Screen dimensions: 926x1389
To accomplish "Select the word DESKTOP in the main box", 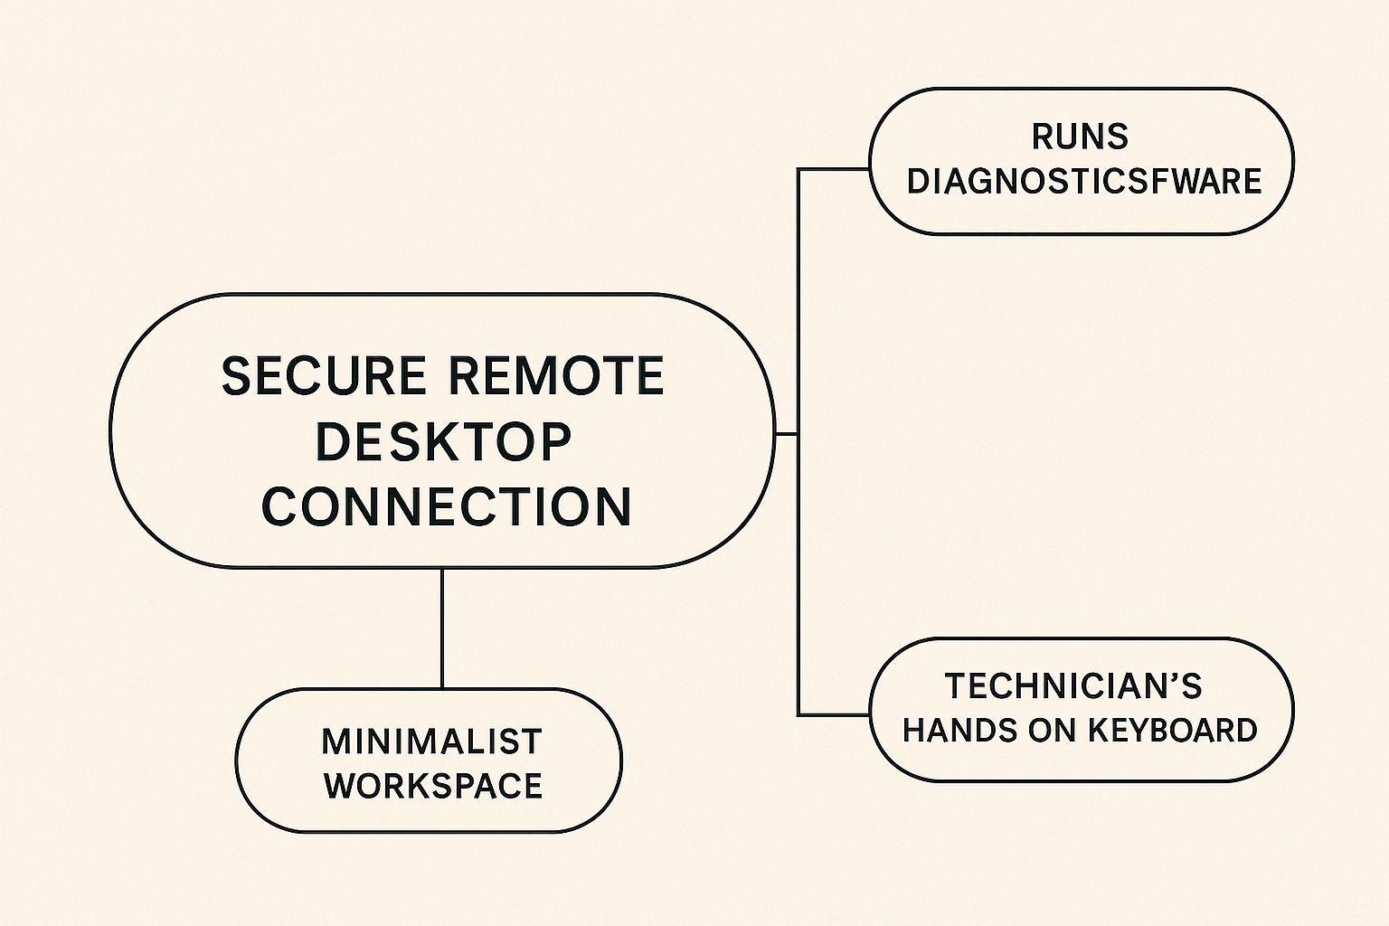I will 443,441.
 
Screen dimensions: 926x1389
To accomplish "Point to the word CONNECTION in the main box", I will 447,506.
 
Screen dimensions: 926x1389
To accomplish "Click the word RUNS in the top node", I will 1080,137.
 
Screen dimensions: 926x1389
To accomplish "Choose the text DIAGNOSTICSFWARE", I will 1083,182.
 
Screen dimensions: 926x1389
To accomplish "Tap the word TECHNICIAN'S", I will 1073,686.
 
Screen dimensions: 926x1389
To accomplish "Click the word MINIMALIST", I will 431,742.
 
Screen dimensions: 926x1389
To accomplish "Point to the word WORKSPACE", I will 433,786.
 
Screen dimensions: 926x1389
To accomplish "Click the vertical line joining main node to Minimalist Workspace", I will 442,628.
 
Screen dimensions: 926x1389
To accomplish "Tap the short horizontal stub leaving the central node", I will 786,434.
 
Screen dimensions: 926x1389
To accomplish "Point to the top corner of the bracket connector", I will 798,169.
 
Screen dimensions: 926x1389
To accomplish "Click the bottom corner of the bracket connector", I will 798,714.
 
